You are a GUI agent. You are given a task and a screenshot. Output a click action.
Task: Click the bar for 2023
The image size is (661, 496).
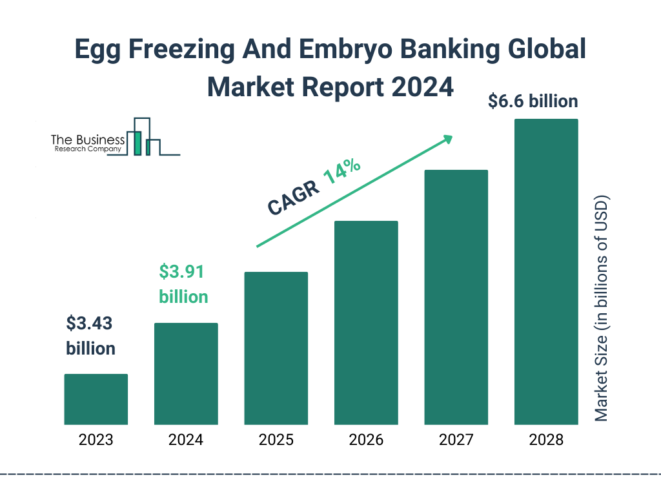(x=96, y=399)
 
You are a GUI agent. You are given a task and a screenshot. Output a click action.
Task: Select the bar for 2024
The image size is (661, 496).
(x=186, y=374)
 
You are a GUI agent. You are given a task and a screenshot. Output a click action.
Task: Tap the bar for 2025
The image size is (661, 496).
(x=276, y=348)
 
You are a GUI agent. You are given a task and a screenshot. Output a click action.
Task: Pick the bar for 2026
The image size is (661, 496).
(x=366, y=323)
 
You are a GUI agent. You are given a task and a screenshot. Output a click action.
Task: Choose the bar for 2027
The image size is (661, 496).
(x=456, y=297)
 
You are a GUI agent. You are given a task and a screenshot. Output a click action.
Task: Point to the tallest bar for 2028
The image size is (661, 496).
(x=546, y=272)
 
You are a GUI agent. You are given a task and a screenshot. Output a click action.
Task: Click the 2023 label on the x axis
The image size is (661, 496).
(x=96, y=440)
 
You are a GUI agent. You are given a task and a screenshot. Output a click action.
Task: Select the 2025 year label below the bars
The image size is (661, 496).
(x=276, y=440)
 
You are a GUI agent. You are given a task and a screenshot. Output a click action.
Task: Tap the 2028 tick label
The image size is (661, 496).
(x=546, y=440)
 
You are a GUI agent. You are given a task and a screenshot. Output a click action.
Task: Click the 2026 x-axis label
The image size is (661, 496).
(x=366, y=440)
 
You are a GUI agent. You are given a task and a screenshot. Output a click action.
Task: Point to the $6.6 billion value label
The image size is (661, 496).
(x=533, y=101)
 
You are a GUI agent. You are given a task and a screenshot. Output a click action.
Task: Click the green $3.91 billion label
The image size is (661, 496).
(x=183, y=284)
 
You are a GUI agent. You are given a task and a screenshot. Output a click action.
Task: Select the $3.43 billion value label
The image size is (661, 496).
(x=91, y=336)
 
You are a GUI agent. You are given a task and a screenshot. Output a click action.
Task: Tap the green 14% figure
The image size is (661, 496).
(x=341, y=172)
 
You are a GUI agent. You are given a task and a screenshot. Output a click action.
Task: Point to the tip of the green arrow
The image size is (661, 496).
(x=452, y=136)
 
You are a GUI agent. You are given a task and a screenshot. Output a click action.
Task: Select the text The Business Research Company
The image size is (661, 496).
(x=87, y=143)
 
